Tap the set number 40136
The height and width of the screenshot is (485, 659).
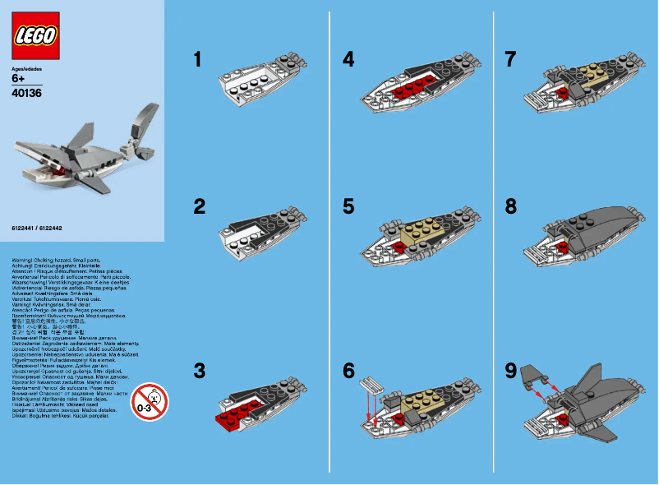(27, 93)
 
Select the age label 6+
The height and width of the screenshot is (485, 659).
(19, 80)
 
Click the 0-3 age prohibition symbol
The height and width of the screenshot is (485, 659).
(149, 402)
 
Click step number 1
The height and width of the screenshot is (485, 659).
(197, 59)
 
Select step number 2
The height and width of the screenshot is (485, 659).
(198, 206)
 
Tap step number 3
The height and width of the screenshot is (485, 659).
(198, 371)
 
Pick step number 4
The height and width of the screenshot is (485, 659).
(348, 59)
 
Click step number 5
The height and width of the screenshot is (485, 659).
(348, 206)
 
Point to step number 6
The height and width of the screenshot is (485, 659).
(348, 371)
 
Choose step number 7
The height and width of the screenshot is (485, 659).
(511, 59)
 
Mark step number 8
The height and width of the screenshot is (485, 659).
(511, 206)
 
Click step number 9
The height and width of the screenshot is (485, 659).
(511, 371)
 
